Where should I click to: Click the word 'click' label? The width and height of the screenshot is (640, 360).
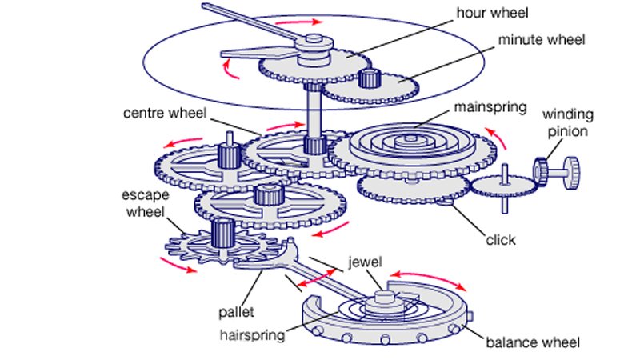click(x=501, y=239)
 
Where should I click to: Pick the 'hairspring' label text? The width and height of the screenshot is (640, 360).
click(x=253, y=335)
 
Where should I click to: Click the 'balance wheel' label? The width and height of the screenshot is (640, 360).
click(x=532, y=343)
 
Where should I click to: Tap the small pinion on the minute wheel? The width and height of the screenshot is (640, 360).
click(x=368, y=78)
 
